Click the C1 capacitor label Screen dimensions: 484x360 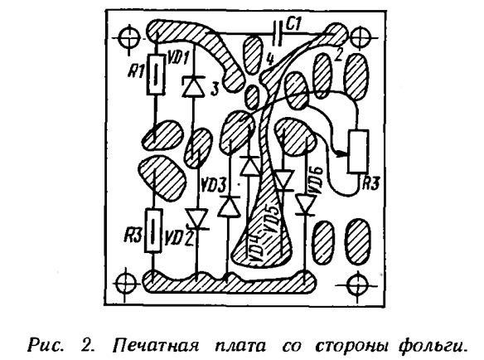293,25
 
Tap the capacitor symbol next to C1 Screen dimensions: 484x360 278,33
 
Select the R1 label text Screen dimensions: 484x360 136,73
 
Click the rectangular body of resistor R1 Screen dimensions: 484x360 155,75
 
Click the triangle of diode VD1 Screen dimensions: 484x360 193,86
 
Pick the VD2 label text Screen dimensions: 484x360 179,238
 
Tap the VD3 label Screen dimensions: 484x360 214,187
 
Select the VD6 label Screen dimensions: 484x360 317,181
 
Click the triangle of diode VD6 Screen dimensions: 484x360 305,205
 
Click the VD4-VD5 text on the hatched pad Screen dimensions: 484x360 265,236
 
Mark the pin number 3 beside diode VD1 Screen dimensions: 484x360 214,89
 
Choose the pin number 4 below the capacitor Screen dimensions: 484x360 270,60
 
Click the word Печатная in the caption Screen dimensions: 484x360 155,346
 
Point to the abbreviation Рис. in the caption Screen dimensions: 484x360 46,346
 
